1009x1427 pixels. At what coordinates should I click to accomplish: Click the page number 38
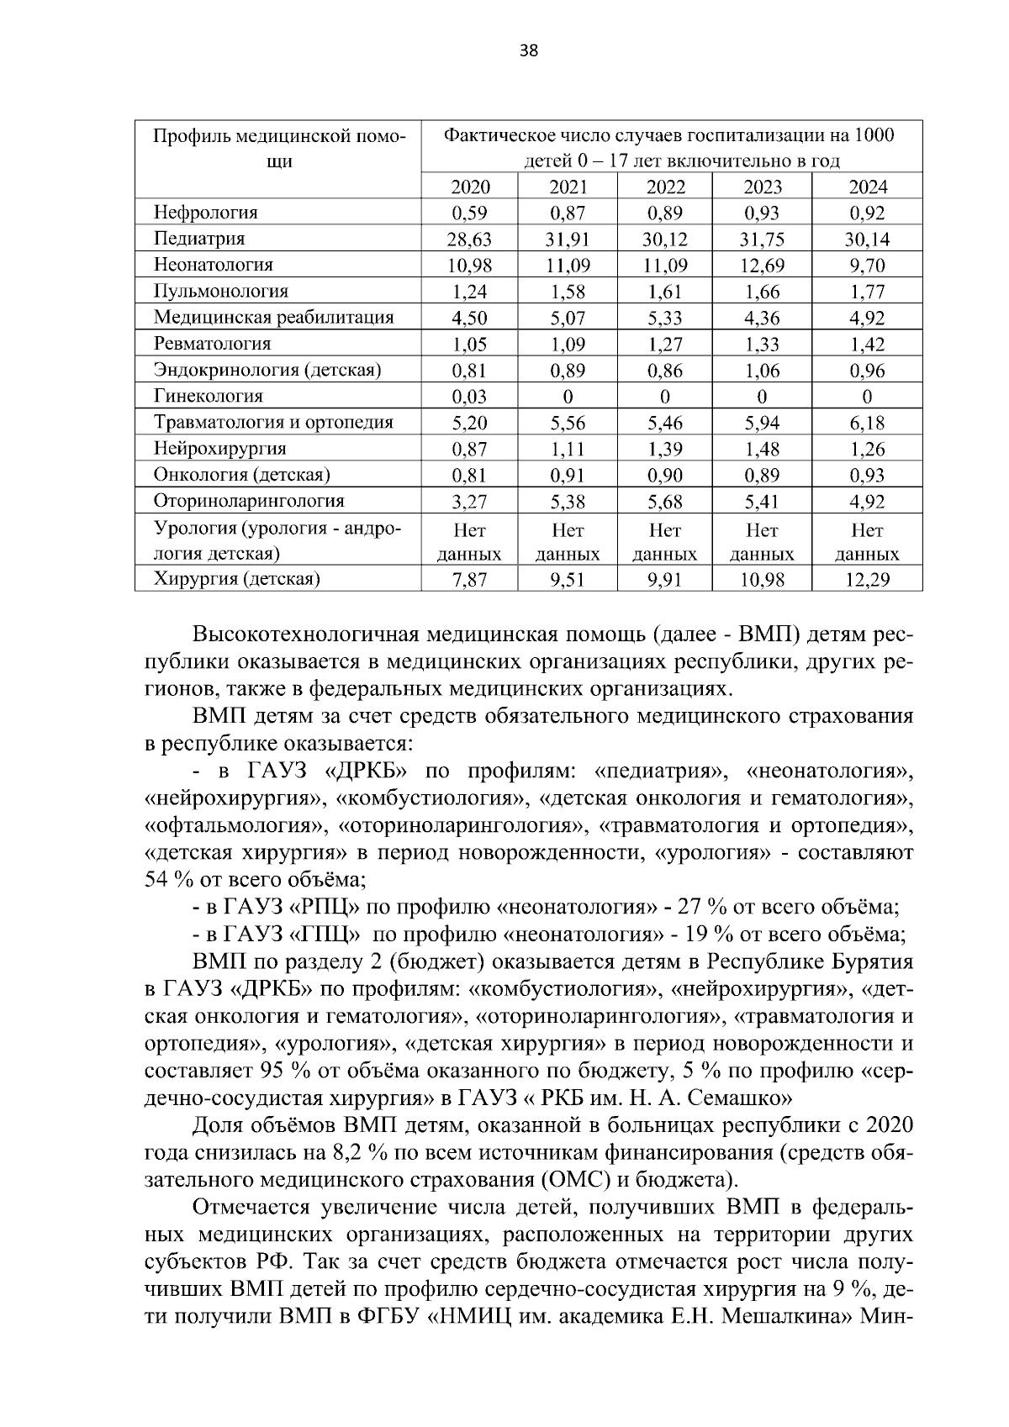(x=529, y=50)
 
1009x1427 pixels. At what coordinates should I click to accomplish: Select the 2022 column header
(x=664, y=187)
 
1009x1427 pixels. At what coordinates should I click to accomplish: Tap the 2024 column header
(x=867, y=187)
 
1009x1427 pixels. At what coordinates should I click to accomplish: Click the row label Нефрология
(x=206, y=213)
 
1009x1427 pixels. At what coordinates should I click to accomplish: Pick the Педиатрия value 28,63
(x=469, y=240)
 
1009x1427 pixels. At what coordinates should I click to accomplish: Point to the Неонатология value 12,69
(x=761, y=266)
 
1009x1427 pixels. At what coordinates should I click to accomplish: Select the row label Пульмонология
(x=221, y=292)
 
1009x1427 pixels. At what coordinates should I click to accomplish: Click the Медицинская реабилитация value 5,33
(x=664, y=318)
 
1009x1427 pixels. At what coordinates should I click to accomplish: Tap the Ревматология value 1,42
(x=867, y=344)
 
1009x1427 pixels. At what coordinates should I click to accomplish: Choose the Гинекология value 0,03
(x=469, y=397)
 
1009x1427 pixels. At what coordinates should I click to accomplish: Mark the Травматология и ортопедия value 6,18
(x=867, y=423)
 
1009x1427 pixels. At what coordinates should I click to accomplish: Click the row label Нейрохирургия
(x=220, y=449)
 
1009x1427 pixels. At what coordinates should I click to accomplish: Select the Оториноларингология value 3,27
(x=469, y=502)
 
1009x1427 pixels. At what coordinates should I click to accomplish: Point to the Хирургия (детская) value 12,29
(x=867, y=579)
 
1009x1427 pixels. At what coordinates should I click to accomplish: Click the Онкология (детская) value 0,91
(x=568, y=476)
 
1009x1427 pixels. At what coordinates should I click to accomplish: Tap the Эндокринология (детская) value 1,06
(x=761, y=371)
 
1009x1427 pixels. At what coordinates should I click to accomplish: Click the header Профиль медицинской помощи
(x=278, y=148)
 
